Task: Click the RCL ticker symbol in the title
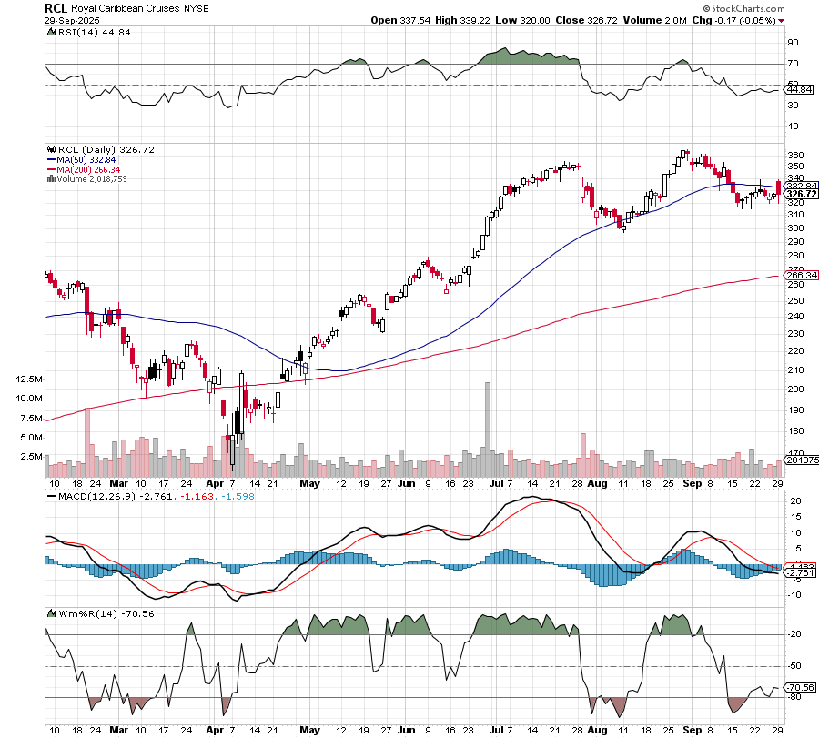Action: [x=56, y=6]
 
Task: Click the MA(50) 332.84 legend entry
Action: [x=83, y=158]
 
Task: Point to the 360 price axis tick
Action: [x=794, y=155]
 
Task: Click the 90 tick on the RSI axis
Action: [x=793, y=42]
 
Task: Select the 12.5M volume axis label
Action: [x=29, y=379]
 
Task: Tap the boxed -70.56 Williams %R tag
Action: [x=799, y=687]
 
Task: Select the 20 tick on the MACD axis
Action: [x=793, y=501]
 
